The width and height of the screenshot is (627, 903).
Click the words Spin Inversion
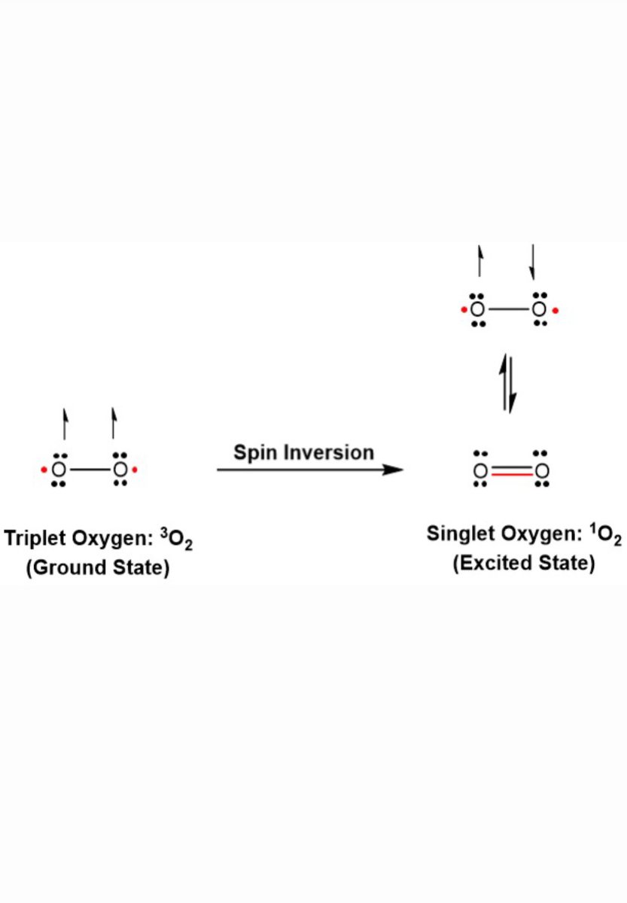(x=303, y=452)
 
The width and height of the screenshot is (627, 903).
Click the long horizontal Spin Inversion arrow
(x=309, y=470)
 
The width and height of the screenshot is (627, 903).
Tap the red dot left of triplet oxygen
(x=44, y=470)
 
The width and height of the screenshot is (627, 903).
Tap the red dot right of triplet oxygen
(x=135, y=470)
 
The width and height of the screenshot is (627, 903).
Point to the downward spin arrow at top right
(x=532, y=261)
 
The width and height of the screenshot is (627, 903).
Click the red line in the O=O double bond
(x=508, y=476)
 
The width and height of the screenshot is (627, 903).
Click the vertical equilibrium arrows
(x=509, y=384)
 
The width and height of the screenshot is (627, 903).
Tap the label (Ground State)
(x=97, y=568)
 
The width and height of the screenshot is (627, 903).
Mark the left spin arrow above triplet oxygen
(x=65, y=424)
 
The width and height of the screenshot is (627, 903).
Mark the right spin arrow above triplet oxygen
(x=114, y=424)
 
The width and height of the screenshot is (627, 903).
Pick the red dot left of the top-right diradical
(x=463, y=309)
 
